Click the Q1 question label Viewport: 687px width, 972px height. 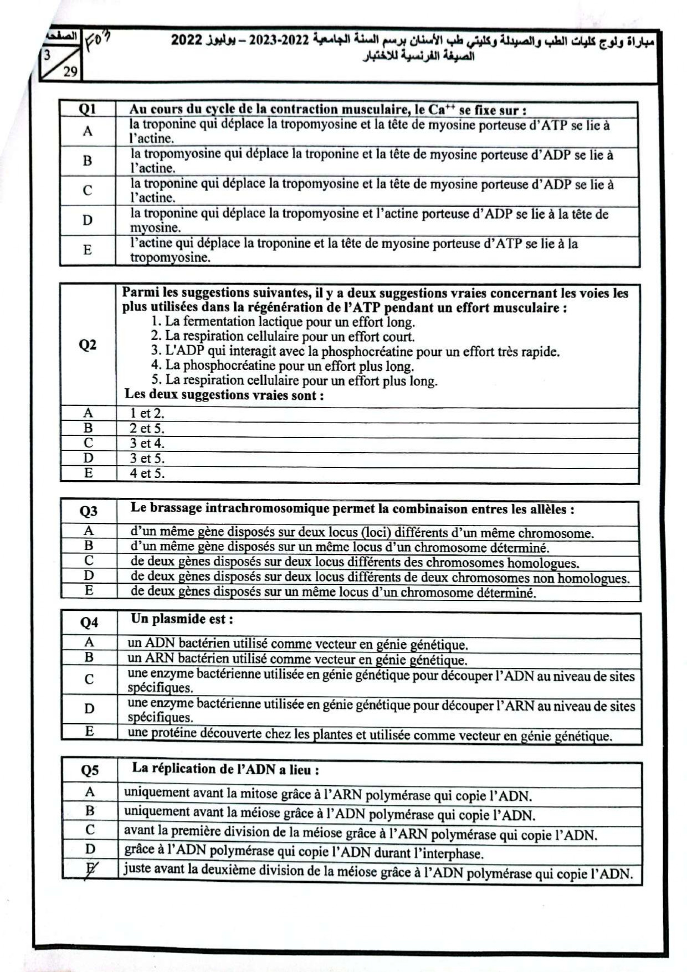(88, 109)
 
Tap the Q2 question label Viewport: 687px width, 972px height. (88, 345)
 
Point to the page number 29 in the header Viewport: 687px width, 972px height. (70, 71)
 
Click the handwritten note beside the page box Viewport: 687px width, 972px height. (99, 40)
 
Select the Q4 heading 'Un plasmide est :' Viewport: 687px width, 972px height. (182, 619)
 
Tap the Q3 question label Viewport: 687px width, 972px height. (89, 511)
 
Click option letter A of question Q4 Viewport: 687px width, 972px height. (89, 642)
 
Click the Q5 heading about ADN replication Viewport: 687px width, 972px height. (225, 769)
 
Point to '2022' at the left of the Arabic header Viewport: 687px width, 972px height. (186, 40)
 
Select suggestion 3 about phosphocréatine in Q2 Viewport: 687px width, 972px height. (355, 351)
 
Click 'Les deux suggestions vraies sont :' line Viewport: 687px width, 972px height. (224, 395)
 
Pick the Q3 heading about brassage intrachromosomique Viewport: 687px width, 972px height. (352, 509)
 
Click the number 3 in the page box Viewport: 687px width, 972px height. (48, 55)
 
